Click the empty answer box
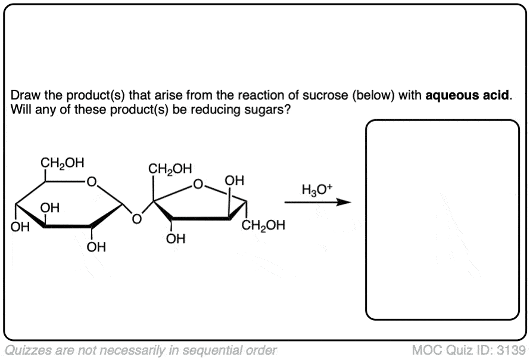442,219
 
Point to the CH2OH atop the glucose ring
62,162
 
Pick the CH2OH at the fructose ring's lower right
264,225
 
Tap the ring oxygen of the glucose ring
91,180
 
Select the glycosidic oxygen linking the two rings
136,220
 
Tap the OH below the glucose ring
95,246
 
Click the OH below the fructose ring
176,240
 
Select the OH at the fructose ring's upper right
234,181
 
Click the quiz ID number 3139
515,349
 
